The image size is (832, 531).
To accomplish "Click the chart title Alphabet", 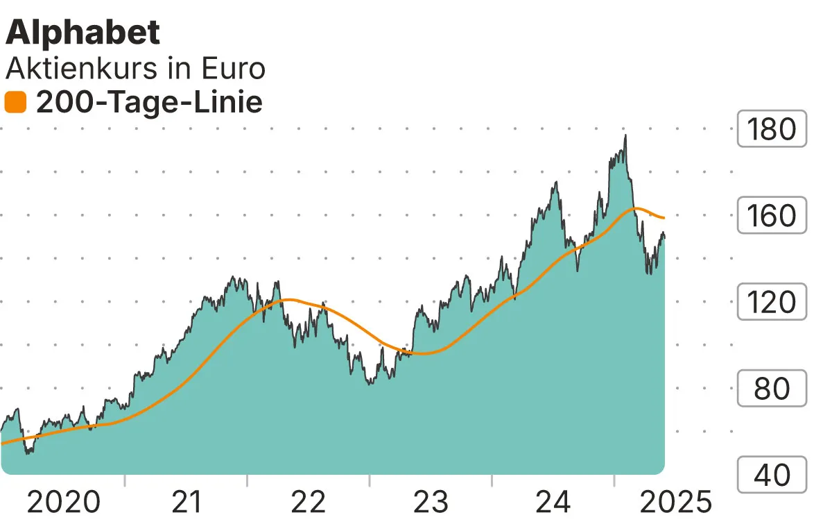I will click(83, 32).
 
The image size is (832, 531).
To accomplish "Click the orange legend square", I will click(15, 103).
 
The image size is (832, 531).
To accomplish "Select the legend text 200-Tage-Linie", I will click(149, 103).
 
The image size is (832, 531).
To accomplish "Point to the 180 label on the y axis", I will click(772, 129).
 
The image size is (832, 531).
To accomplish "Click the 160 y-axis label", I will click(772, 215).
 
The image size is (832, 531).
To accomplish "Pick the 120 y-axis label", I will click(772, 302).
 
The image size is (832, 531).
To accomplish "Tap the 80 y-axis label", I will click(772, 388).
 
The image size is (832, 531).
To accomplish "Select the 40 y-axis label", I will click(772, 475).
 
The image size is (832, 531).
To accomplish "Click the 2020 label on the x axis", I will click(63, 501).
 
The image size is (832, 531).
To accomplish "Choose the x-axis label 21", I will click(186, 501).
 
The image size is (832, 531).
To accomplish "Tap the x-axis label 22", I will click(308, 501).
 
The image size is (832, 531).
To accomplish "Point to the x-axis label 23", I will click(431, 501).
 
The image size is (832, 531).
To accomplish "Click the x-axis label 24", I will click(553, 501).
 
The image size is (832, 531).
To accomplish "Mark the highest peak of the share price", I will click(625, 135).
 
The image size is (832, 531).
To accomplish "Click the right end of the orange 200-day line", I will click(664, 219).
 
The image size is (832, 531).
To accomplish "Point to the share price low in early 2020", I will click(28, 453).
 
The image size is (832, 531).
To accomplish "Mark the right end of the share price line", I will click(664, 237).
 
